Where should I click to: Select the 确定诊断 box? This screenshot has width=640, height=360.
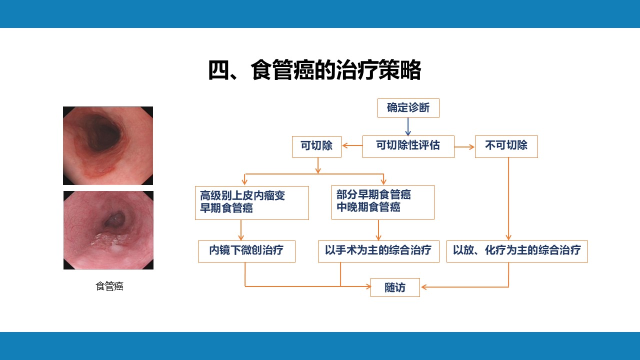408,108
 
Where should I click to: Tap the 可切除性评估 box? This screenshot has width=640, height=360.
408,146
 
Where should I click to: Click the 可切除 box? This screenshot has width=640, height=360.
316,146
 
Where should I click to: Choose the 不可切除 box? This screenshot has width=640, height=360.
506,146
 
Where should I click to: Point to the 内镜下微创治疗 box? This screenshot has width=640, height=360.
246,251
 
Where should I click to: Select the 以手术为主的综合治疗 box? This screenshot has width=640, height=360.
378,251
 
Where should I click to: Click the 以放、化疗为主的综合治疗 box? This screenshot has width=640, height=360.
517,251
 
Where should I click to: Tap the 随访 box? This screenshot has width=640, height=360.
395,287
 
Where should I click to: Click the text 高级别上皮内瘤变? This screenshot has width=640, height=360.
242,195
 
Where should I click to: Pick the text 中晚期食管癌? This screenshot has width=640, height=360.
368,207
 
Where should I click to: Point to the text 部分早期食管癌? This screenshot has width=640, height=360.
373,194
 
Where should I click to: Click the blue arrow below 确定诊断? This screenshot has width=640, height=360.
408,126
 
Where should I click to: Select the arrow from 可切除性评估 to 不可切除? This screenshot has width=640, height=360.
464,147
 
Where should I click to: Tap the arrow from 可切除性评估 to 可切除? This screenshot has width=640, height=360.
352,145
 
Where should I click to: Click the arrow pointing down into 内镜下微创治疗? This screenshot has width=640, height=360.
241,230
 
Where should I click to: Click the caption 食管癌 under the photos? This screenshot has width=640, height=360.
109,286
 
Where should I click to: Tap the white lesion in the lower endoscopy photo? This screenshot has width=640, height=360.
110,241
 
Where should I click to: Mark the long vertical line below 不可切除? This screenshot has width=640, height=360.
508,199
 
